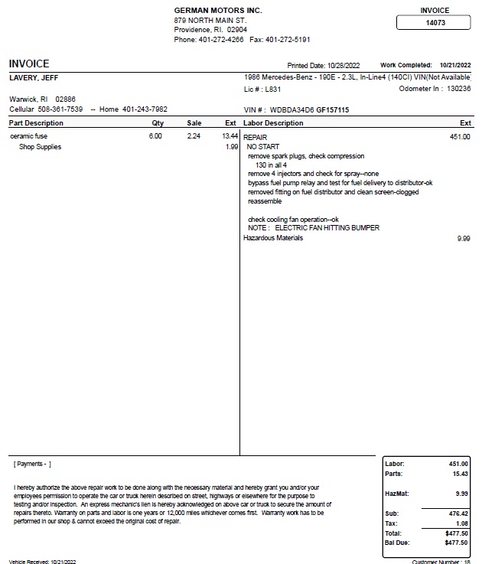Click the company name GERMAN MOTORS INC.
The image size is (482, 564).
pos(218,10)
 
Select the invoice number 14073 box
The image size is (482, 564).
pos(435,23)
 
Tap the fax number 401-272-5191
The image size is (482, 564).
pos(288,39)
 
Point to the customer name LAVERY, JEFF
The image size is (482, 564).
pos(34,78)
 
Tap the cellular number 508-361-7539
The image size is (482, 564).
pos(60,109)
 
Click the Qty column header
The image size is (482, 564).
pos(158,123)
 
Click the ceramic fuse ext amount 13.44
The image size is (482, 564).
pos(230,136)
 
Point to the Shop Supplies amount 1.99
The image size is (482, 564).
pos(232,147)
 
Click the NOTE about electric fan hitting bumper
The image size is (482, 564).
pos(314,228)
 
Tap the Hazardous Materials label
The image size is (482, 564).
pos(273,238)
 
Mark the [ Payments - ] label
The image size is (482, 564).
pos(32,465)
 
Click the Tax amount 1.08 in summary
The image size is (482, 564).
pos(462,523)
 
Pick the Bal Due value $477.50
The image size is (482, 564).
pos(457,543)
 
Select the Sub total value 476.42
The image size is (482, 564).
pos(459,513)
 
